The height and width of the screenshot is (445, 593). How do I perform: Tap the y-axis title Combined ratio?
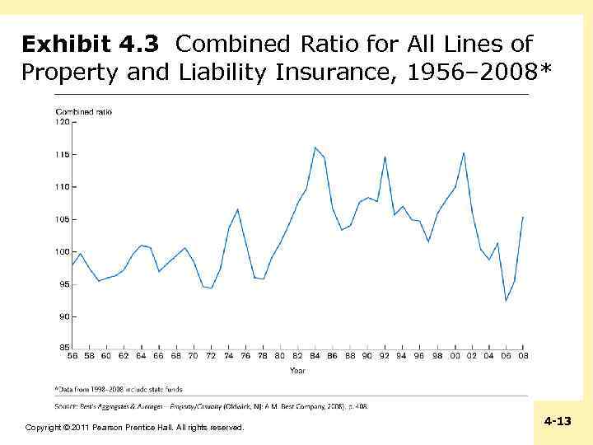[83, 111]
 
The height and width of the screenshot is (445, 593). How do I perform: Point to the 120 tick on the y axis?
[62, 121]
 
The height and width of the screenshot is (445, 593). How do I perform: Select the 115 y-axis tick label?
[62, 154]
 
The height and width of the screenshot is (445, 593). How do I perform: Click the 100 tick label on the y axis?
[62, 251]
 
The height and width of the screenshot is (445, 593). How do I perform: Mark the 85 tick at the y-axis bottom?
[63, 347]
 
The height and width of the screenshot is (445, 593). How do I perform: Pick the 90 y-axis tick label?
[63, 316]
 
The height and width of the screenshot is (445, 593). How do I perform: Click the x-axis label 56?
[72, 356]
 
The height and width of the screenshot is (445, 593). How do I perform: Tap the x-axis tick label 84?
[315, 356]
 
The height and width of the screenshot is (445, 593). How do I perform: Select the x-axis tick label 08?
[523, 356]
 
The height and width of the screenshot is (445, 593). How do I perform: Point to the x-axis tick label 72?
[211, 356]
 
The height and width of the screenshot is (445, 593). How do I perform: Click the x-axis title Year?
[297, 370]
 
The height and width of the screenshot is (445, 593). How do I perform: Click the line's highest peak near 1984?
[315, 148]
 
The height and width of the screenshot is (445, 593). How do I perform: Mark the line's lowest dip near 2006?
[506, 301]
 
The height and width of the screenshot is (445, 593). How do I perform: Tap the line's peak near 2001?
[464, 152]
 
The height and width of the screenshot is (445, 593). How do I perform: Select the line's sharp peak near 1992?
[385, 157]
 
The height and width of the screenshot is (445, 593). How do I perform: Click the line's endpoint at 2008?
[523, 217]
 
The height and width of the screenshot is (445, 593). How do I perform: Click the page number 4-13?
[558, 421]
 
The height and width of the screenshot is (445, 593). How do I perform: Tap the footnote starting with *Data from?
[119, 389]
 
